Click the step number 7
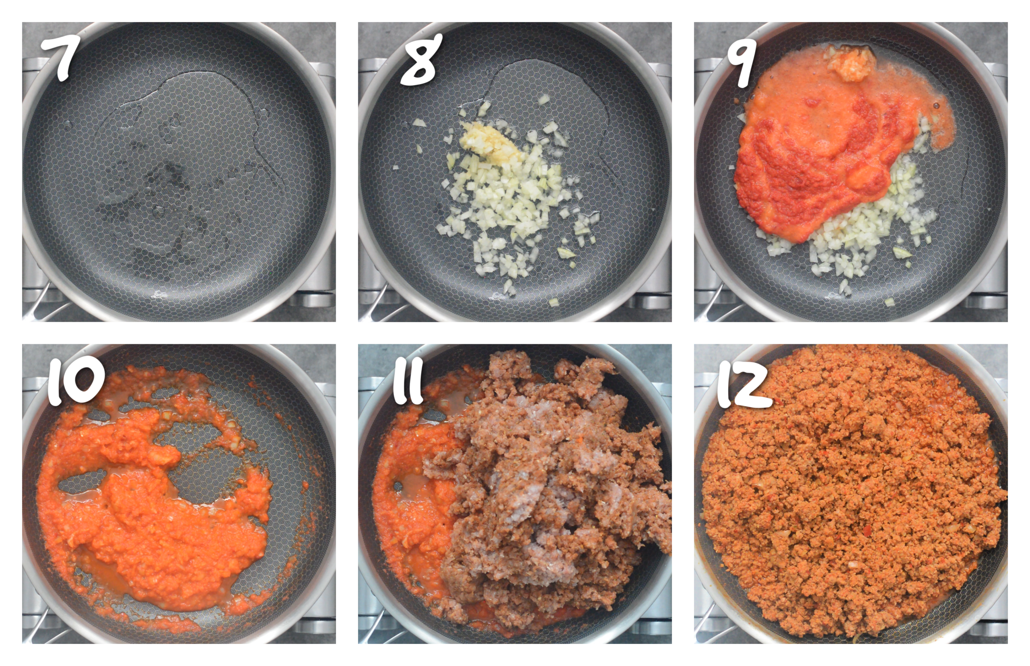(x=62, y=57)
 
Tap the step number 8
(x=420, y=60)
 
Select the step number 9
(x=742, y=63)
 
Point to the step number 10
(x=76, y=383)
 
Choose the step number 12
(x=744, y=385)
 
